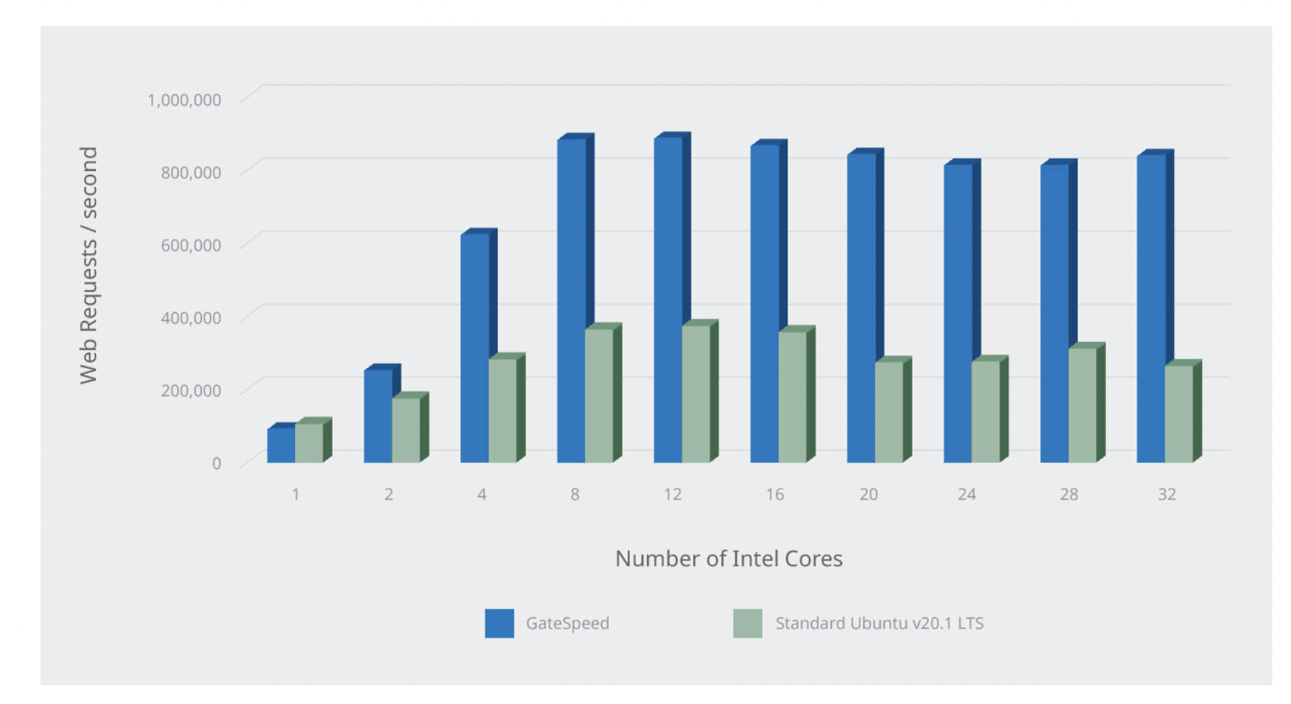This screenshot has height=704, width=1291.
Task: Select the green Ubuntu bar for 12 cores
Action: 695,393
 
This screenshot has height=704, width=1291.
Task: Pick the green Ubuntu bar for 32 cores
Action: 1179,414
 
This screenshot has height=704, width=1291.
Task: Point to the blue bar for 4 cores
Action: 475,347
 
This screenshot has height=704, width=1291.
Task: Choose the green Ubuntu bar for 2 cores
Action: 406,430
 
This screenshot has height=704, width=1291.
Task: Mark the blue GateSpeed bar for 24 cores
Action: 958,312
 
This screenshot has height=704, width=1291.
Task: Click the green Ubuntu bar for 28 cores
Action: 1082,405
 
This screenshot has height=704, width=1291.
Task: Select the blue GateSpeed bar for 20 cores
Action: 861,308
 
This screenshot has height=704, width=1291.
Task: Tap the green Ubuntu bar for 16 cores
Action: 792,396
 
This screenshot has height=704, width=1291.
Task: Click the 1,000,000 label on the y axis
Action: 184,100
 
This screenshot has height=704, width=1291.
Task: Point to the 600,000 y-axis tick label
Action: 191,245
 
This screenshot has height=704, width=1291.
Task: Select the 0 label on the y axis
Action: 216,463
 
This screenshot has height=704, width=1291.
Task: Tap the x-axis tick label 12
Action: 672,494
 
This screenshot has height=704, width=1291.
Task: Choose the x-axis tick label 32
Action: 1166,494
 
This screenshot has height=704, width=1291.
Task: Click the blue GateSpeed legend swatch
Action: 499,623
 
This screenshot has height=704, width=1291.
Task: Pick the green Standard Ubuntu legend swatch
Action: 747,623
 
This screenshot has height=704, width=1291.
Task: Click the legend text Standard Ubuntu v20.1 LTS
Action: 879,623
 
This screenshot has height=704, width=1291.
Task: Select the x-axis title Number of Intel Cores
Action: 728,559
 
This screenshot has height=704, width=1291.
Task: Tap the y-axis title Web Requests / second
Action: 88,265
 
